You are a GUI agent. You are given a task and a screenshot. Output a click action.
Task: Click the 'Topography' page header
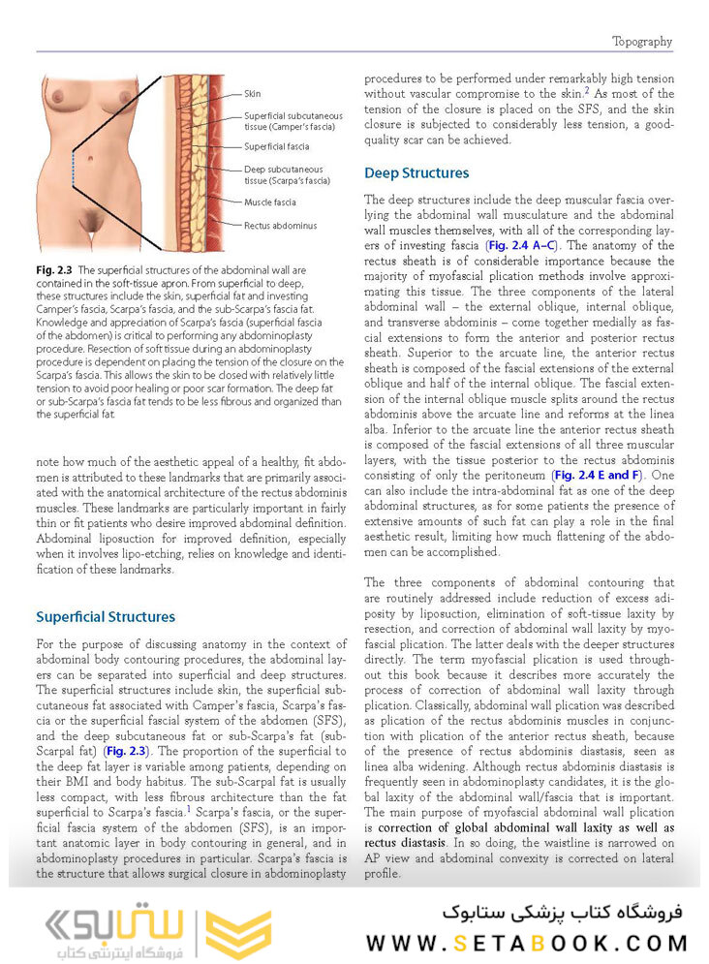641,42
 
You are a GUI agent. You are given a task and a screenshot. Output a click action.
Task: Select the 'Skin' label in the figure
252,94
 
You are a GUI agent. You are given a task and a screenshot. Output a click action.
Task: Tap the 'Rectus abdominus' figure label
280,226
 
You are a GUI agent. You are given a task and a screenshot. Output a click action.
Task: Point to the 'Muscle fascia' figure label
270,202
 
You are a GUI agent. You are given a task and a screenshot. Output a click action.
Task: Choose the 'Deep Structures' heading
416,173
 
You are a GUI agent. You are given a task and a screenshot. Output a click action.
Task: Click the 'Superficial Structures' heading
105,616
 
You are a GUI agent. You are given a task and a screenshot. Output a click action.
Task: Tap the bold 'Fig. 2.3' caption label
53,269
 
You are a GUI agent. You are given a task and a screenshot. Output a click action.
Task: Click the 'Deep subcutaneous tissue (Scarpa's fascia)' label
283,174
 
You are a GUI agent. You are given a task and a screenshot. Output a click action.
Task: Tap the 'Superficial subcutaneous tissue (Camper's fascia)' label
290,120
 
